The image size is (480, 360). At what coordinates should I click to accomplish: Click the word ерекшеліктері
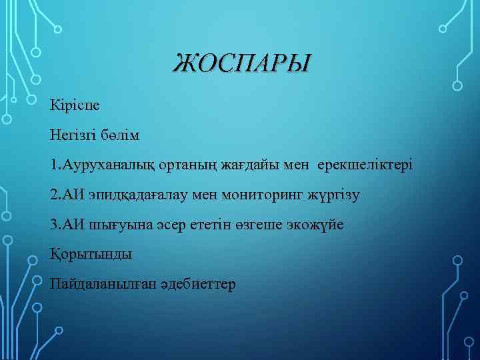pyautogui.click(x=365, y=165)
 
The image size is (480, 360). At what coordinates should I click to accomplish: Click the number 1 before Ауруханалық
pyautogui.click(x=53, y=165)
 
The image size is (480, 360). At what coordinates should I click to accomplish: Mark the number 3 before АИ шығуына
pyautogui.click(x=53, y=225)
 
